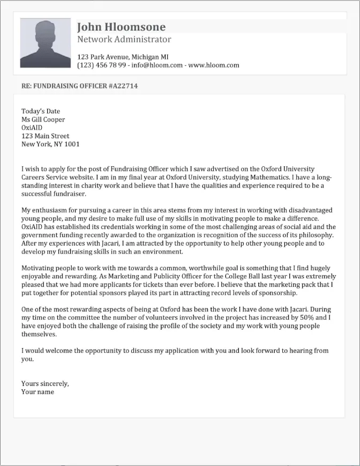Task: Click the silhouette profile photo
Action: click(46, 43)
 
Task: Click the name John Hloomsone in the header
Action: click(121, 27)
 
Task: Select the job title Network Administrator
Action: click(124, 40)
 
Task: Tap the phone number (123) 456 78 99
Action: click(102, 65)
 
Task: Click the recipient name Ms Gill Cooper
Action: click(43, 120)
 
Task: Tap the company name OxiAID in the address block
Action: click(32, 128)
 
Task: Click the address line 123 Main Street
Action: click(46, 136)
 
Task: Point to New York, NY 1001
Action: click(50, 144)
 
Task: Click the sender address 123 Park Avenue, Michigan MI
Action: click(123, 57)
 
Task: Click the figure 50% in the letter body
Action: click(307, 317)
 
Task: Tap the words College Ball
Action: click(217, 276)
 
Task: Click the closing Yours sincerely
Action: click(45, 383)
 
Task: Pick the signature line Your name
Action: click(37, 391)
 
